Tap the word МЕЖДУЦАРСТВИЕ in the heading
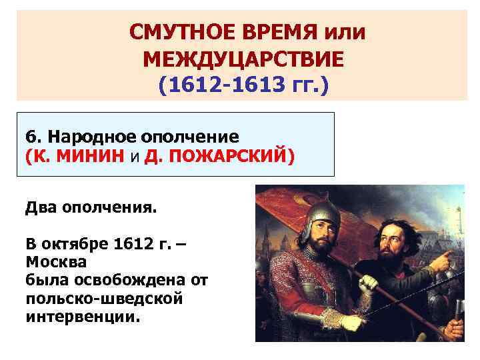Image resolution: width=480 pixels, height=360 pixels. pyautogui.click(x=244, y=59)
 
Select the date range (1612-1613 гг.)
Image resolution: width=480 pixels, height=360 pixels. pyautogui.click(x=244, y=87)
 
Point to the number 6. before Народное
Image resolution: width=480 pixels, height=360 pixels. pyautogui.click(x=33, y=137)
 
